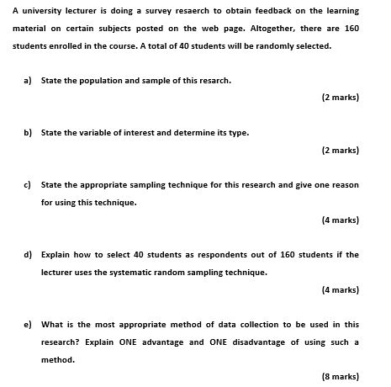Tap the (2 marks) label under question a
340,98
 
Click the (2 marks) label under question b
340,150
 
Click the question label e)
28,324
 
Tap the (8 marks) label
340,376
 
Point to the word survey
168,11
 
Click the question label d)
28,254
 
